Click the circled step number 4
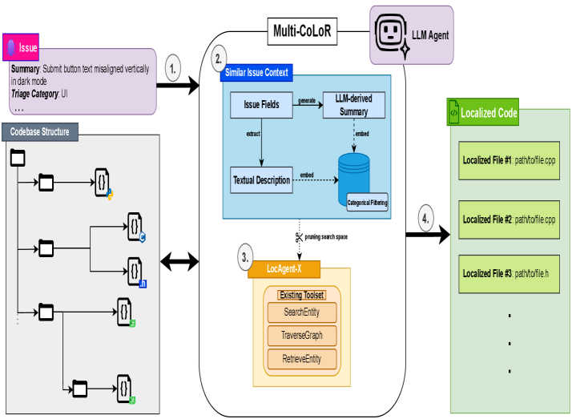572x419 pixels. click(427, 216)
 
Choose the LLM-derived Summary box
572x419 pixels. click(352, 103)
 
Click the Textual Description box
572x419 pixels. click(261, 179)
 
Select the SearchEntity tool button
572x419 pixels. click(302, 312)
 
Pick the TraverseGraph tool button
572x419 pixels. click(302, 336)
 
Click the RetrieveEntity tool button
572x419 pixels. click(302, 359)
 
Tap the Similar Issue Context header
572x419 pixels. click(256, 72)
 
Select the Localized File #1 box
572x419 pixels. click(509, 159)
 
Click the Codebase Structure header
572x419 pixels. click(41, 131)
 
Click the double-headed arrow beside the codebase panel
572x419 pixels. click(179, 260)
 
